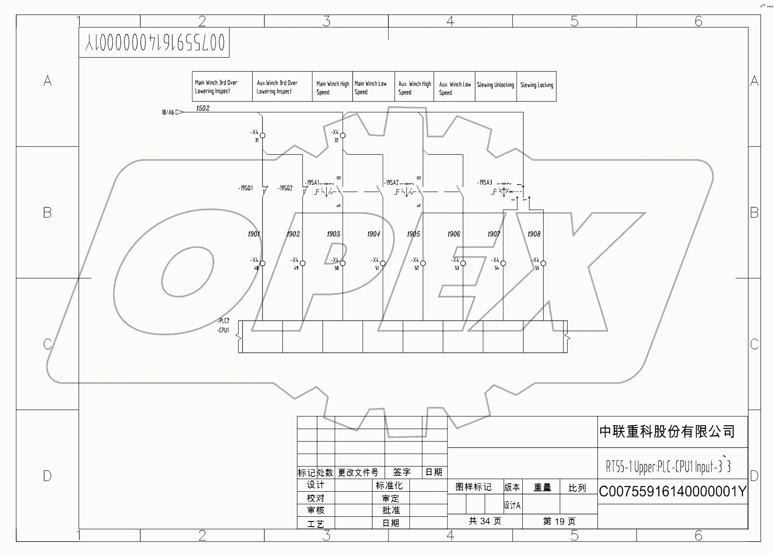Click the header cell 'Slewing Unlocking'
coord(495,86)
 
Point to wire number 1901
coord(254,234)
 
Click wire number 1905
coord(413,234)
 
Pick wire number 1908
coord(534,234)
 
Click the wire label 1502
coord(203,108)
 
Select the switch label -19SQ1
coord(246,188)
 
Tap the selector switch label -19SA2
coord(392,183)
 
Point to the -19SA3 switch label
coord(485,183)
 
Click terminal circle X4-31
coord(262,136)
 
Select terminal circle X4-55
coord(543,264)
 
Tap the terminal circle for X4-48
coord(262,264)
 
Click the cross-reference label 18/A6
coord(168,112)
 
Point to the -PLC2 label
coord(223,321)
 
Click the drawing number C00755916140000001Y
coord(672,492)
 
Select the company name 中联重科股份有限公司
coord(667,432)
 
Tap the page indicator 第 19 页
coord(559,521)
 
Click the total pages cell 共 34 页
coord(485,521)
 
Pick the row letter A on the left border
coord(47,81)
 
